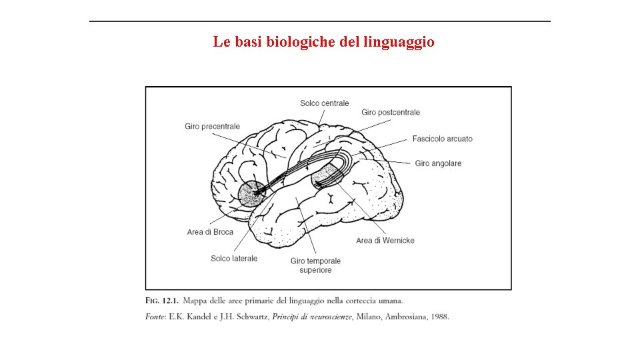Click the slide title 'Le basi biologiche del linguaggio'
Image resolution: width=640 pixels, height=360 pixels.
click(323, 42)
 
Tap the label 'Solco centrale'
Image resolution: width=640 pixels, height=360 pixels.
click(324, 103)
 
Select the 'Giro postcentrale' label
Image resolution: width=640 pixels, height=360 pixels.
click(391, 113)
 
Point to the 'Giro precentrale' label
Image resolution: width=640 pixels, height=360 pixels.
click(212, 127)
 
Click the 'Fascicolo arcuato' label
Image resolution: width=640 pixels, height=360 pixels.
click(442, 139)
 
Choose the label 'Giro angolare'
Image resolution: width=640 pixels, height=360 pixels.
click(438, 163)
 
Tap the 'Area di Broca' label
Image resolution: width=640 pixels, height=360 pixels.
click(210, 232)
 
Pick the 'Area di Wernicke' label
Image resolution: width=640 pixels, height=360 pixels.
click(385, 241)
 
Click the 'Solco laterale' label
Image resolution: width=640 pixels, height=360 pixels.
click(234, 259)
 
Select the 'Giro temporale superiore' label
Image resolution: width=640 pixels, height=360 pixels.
click(315, 265)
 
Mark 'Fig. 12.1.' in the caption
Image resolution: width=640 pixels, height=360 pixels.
click(161, 301)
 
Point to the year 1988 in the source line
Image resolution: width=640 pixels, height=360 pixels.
click(440, 317)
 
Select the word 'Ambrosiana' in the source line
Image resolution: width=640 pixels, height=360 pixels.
click(405, 317)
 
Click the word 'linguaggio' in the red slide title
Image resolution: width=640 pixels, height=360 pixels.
click(399, 42)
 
